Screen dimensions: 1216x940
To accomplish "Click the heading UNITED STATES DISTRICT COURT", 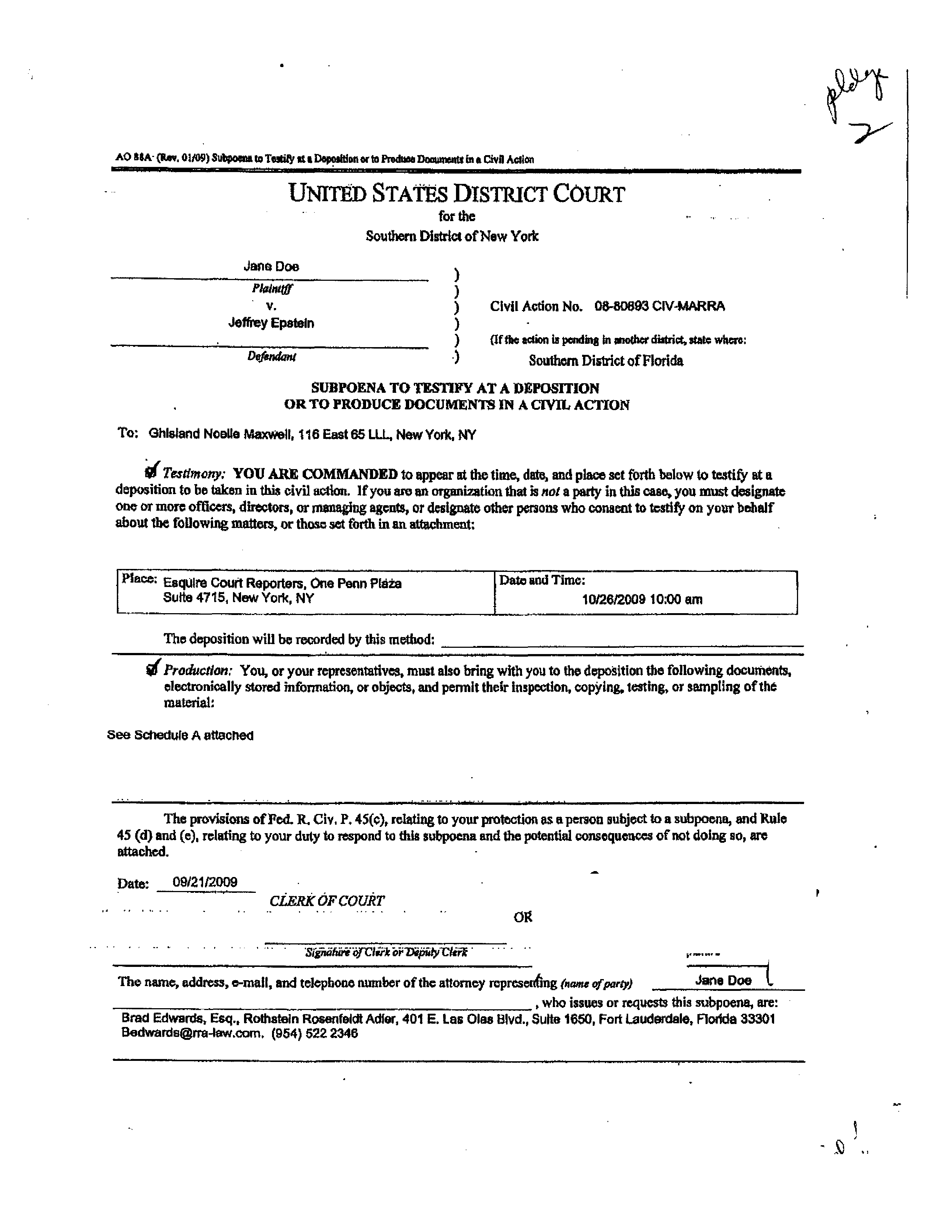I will [x=457, y=194].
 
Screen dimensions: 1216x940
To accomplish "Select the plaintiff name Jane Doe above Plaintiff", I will [x=271, y=267].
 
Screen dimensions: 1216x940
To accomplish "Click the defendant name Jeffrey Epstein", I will [x=271, y=323].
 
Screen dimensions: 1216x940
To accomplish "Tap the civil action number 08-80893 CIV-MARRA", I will [x=659, y=306].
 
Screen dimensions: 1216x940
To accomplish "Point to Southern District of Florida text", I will [x=606, y=361].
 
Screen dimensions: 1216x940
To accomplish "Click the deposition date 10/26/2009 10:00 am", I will [x=642, y=599].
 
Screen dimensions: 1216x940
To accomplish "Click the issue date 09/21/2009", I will [x=205, y=882].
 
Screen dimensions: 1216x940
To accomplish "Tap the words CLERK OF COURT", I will [x=327, y=901].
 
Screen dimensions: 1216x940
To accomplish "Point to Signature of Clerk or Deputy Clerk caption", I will [x=386, y=952].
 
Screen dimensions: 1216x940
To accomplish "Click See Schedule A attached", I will [x=180, y=735].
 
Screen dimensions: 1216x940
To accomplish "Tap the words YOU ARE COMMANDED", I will [x=315, y=474].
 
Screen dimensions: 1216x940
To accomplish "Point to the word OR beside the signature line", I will [x=523, y=917].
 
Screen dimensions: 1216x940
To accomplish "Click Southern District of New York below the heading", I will [x=452, y=236].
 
